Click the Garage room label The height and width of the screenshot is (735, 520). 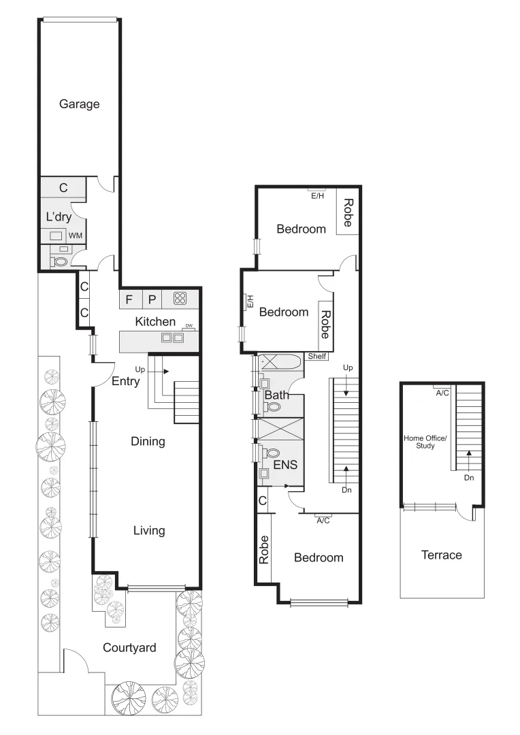pyautogui.click(x=79, y=104)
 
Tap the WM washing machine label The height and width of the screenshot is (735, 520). pyautogui.click(x=76, y=236)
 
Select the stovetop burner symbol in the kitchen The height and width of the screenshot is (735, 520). pyautogui.click(x=180, y=297)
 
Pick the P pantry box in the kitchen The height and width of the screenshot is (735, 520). pyautogui.click(x=152, y=298)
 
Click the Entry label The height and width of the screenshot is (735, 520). pyautogui.click(x=125, y=381)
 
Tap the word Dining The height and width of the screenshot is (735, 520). pyautogui.click(x=148, y=442)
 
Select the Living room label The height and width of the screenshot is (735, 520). pyautogui.click(x=148, y=530)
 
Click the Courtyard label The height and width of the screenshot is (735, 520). pyautogui.click(x=129, y=647)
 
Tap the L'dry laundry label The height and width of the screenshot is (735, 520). pyautogui.click(x=59, y=217)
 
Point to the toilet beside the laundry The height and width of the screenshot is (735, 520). pyautogui.click(x=61, y=260)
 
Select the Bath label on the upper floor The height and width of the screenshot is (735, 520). pyautogui.click(x=276, y=395)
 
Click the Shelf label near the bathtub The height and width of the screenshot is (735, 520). pyautogui.click(x=317, y=356)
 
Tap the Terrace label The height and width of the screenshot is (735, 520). pyautogui.click(x=441, y=555)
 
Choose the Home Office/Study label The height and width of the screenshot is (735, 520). pyautogui.click(x=425, y=442)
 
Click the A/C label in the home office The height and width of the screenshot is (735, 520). pyautogui.click(x=442, y=393)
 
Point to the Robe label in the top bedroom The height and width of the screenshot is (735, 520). pyautogui.click(x=347, y=213)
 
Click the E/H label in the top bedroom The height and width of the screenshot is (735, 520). pyautogui.click(x=317, y=196)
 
